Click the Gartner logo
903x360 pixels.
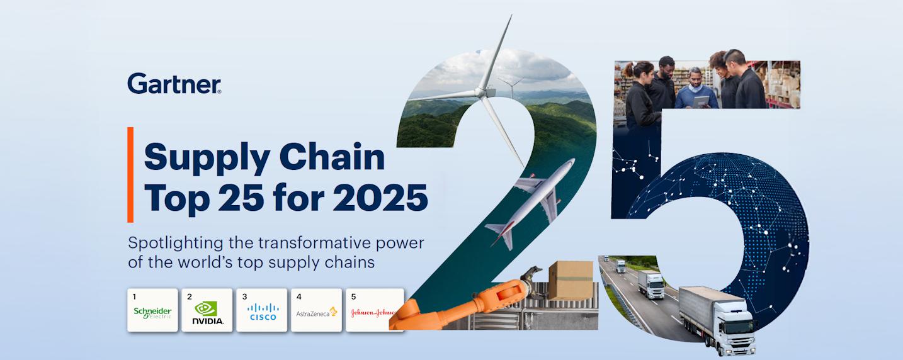[174, 83]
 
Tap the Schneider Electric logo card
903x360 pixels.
[152, 310]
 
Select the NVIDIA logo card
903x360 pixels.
[207, 310]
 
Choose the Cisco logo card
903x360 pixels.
[262, 310]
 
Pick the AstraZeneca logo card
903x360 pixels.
[316, 310]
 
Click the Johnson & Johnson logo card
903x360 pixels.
[374, 310]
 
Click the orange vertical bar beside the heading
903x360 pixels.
[130, 174]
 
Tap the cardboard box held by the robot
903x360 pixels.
[570, 279]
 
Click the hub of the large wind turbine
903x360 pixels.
[483, 92]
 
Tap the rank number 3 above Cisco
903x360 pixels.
[245, 296]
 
